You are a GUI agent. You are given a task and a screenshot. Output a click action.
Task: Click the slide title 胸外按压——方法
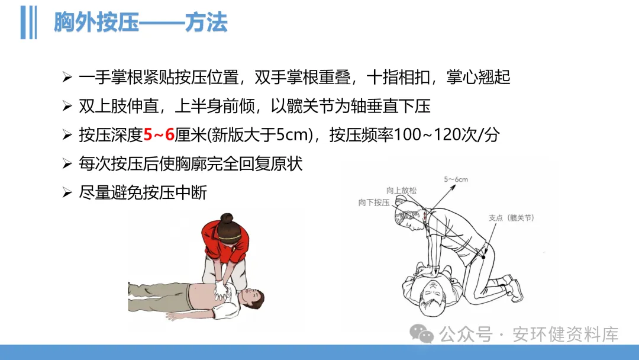click(x=140, y=22)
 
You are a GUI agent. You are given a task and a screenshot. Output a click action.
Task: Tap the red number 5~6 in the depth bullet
click(x=159, y=134)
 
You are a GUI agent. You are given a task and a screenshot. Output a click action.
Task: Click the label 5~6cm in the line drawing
click(x=456, y=179)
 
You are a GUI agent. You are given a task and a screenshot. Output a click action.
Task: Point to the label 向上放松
click(x=401, y=191)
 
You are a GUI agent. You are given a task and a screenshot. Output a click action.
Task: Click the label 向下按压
click(x=374, y=202)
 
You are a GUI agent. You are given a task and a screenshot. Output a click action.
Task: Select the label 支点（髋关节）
click(x=511, y=218)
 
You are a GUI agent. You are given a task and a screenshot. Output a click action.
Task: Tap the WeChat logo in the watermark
click(x=422, y=334)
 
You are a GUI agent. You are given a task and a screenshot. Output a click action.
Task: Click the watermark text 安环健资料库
click(x=565, y=335)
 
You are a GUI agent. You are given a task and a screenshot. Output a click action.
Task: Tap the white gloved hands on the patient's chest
click(x=221, y=289)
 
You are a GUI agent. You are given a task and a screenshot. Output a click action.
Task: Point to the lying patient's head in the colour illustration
click(x=250, y=299)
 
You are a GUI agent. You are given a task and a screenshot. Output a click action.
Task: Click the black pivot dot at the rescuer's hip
click(x=484, y=257)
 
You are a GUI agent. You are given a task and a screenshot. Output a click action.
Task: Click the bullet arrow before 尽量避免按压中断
click(x=67, y=192)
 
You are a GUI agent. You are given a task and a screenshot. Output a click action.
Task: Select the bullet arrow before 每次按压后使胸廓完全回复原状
click(x=67, y=163)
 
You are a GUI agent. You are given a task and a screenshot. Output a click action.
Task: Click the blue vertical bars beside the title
click(x=28, y=22)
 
